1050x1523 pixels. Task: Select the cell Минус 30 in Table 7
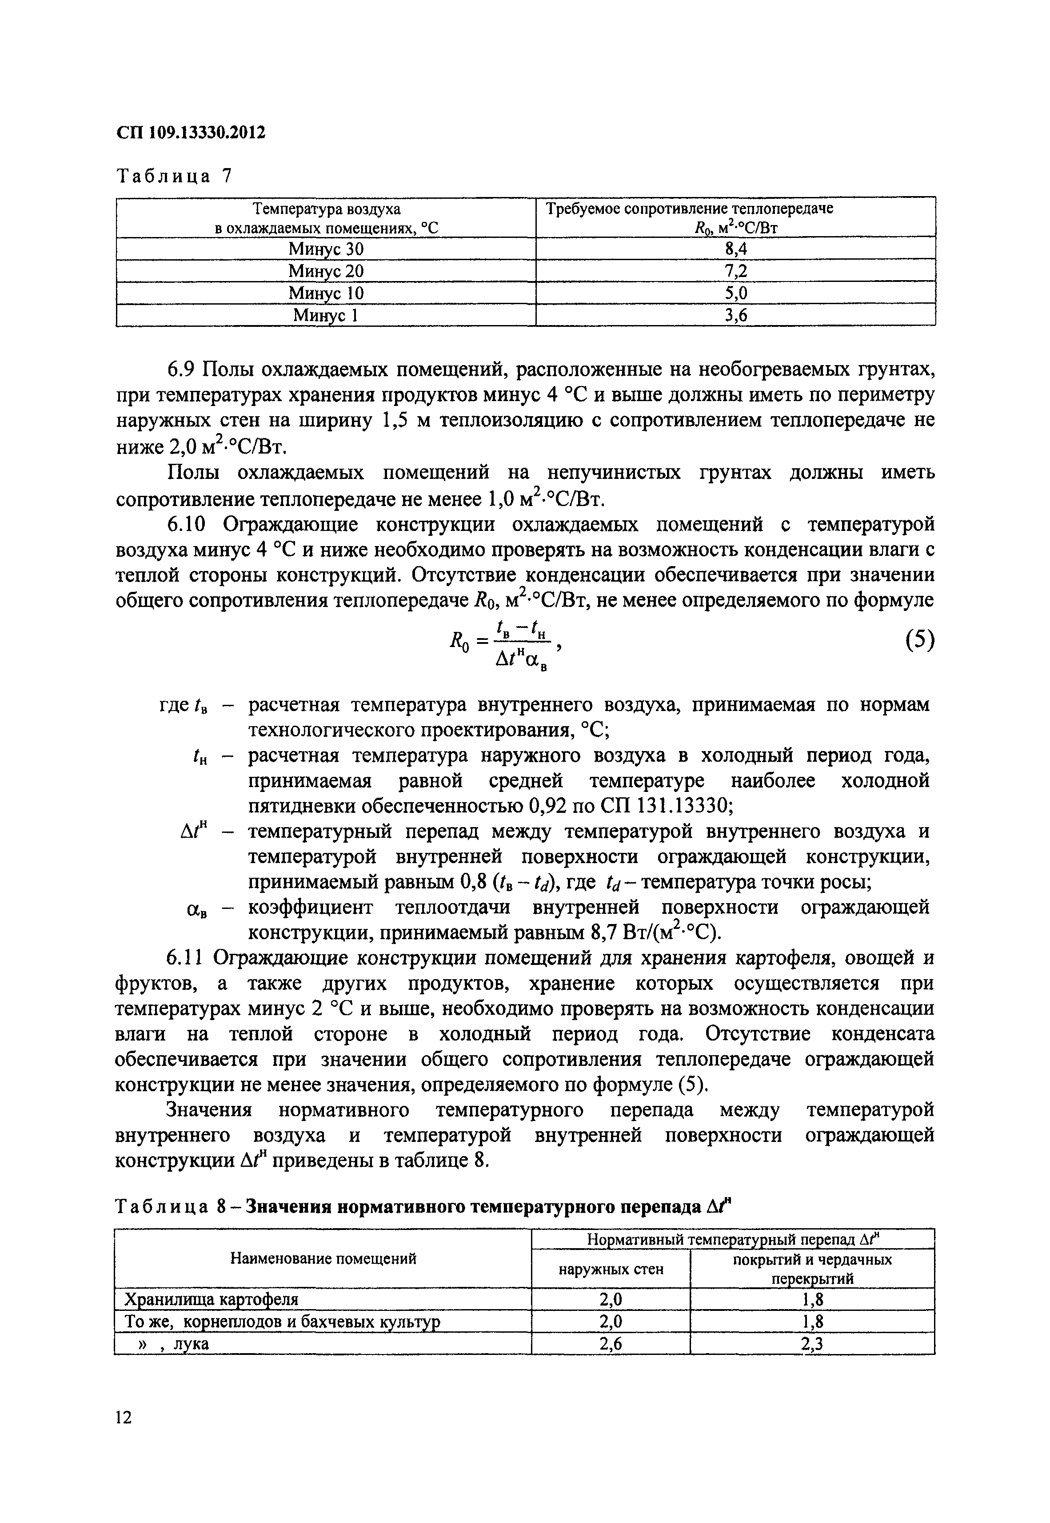pyautogui.click(x=326, y=249)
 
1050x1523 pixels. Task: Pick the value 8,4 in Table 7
pyautogui.click(x=735, y=249)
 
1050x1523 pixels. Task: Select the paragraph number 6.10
pyautogui.click(x=188, y=525)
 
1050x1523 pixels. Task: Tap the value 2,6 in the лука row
pyautogui.click(x=611, y=1345)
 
